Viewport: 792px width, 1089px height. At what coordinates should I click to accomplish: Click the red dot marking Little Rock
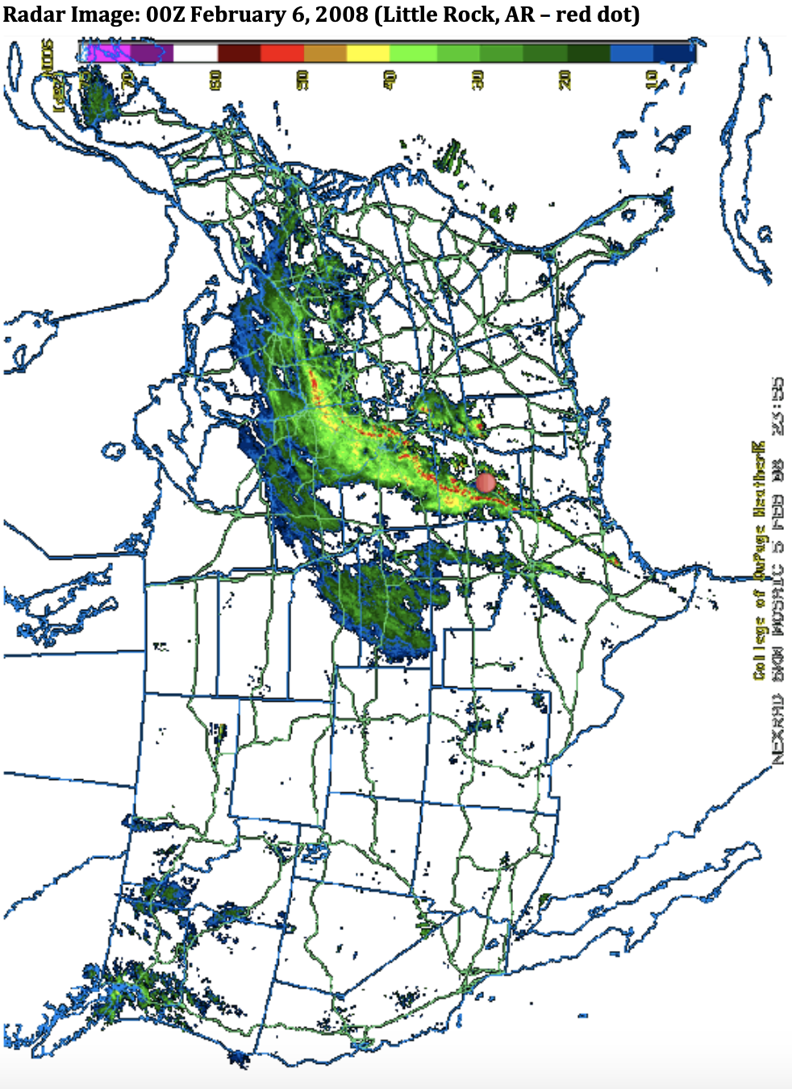pos(486,482)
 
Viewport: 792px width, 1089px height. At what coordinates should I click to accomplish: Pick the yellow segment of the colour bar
pos(368,53)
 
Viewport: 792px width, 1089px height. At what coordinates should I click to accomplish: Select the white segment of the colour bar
pos(195,53)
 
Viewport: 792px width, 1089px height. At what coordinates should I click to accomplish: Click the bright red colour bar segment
pos(281,53)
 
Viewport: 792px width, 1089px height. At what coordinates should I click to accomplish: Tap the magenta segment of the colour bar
pos(108,53)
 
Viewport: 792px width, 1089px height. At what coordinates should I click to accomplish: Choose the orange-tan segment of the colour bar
pos(325,53)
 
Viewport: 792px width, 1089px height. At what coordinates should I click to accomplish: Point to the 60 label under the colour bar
pos(215,79)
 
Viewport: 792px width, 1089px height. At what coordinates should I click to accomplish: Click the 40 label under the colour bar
pos(390,79)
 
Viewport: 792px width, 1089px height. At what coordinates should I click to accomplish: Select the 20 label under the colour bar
pos(565,79)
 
